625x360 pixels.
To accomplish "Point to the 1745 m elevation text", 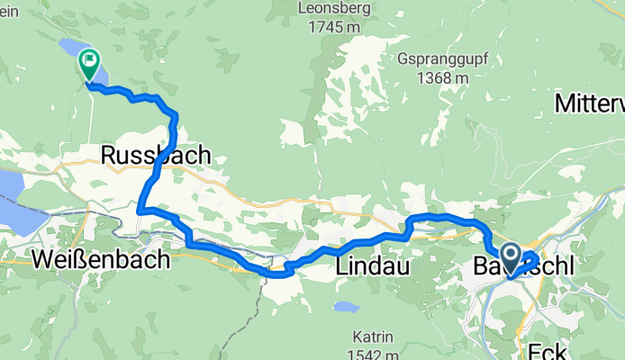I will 327,28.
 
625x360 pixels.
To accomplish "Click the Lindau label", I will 372,267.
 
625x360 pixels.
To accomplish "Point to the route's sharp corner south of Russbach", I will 140,211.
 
